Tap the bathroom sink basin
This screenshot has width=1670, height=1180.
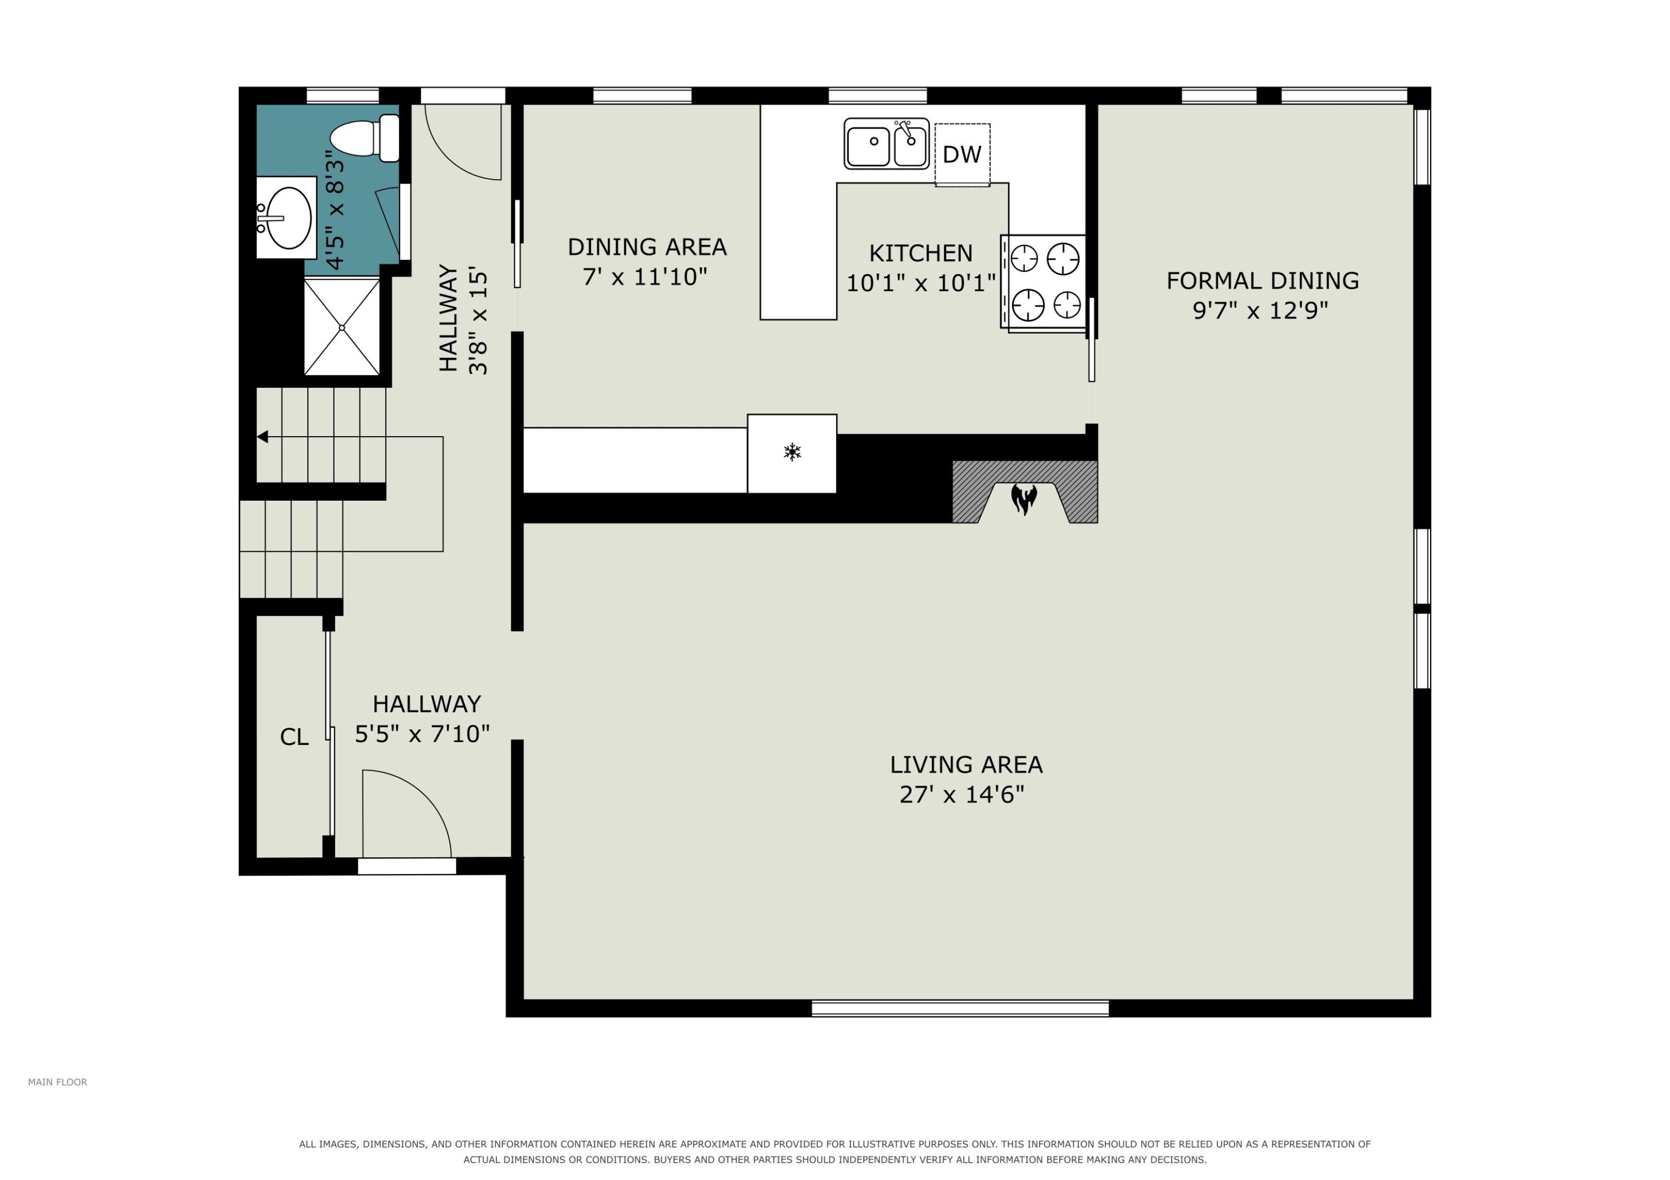[289, 218]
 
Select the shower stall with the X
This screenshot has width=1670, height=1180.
[342, 327]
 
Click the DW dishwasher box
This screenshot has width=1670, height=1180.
[962, 155]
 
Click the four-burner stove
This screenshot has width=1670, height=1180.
[1044, 282]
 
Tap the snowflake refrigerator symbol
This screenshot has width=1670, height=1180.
[792, 452]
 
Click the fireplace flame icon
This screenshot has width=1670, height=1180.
[1024, 500]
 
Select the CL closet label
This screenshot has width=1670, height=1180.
[294, 737]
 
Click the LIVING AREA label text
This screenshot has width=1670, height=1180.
[966, 765]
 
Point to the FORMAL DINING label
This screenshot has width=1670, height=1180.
[1263, 280]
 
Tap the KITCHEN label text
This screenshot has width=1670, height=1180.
[921, 253]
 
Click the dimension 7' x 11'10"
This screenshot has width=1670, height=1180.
[645, 277]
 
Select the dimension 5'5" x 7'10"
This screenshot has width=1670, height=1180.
[423, 734]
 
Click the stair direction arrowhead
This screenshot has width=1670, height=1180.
[263, 437]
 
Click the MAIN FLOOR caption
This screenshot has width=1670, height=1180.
[57, 1083]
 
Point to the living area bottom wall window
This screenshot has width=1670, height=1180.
[960, 1009]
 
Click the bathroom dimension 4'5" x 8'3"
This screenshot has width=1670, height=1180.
[335, 210]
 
